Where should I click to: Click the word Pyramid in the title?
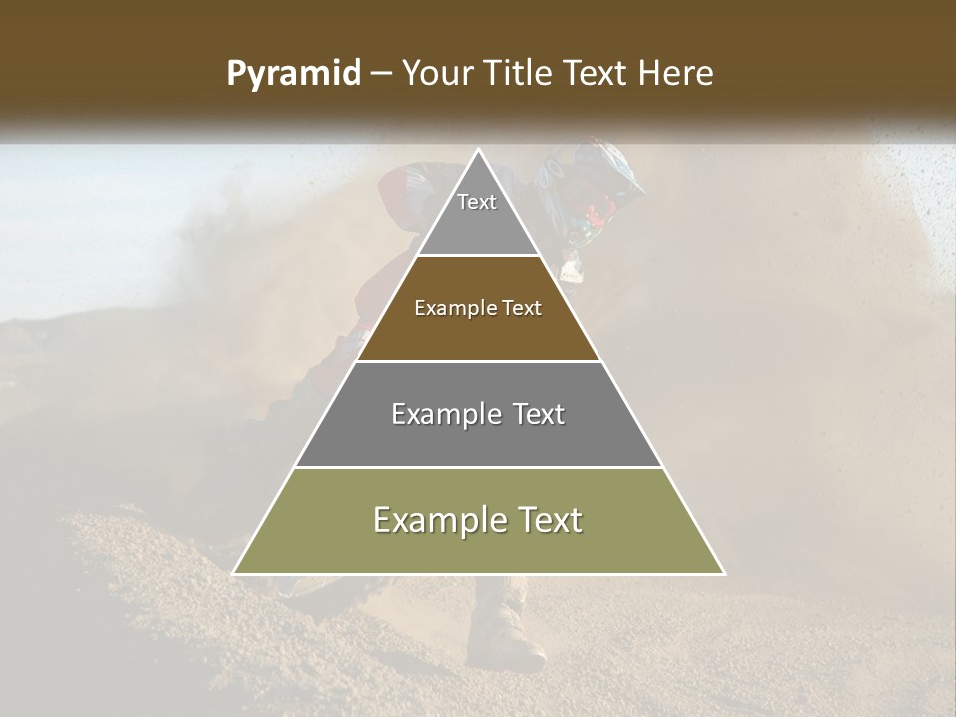coord(293,74)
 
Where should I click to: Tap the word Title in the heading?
coord(523,74)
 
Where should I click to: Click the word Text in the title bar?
coord(598,74)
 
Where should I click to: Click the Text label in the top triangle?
coord(477,202)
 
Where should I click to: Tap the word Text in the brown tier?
coord(520,308)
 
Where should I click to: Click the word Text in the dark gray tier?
coord(538,414)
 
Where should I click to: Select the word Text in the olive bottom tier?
coord(547,520)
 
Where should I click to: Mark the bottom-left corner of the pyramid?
coord(234,573)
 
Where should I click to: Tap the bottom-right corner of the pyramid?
coord(724,573)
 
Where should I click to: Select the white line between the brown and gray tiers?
coord(479,361)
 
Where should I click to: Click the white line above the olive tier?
coord(479,467)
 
